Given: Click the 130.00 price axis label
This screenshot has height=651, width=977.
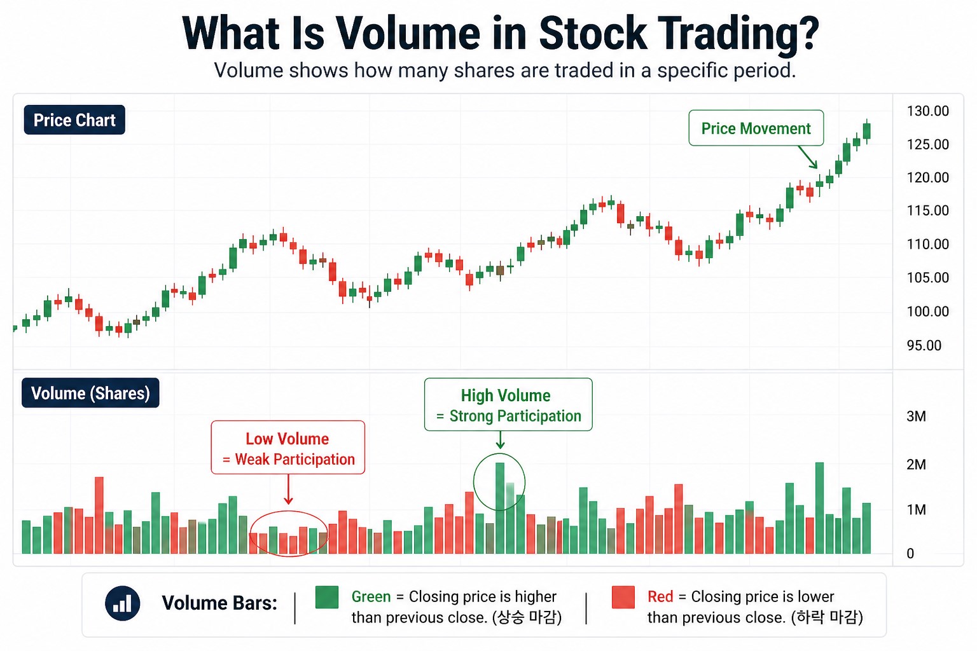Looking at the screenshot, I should click(x=927, y=111).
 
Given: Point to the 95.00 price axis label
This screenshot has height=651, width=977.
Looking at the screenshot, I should click(x=924, y=345).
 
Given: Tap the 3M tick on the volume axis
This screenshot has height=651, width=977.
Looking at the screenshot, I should click(x=916, y=416).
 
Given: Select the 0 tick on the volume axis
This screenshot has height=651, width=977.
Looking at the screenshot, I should click(x=910, y=554).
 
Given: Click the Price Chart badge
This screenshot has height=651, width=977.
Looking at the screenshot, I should click(x=74, y=120).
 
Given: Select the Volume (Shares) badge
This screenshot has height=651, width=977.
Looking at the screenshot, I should click(x=90, y=394).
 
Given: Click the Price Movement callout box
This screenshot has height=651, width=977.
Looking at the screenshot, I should click(x=756, y=128).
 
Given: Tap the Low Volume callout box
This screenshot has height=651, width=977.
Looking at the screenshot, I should click(x=288, y=448).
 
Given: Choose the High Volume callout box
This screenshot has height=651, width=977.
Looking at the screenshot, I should click(x=508, y=406).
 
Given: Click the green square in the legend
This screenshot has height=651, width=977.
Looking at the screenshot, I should click(x=327, y=598).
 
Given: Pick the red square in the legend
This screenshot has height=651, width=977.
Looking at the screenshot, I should click(x=623, y=598).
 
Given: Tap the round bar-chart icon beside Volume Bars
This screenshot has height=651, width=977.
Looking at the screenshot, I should click(x=122, y=603).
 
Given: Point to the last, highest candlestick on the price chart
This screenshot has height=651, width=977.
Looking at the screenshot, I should click(x=866, y=131).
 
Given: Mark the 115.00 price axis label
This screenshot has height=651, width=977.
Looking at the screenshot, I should click(x=927, y=210).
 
